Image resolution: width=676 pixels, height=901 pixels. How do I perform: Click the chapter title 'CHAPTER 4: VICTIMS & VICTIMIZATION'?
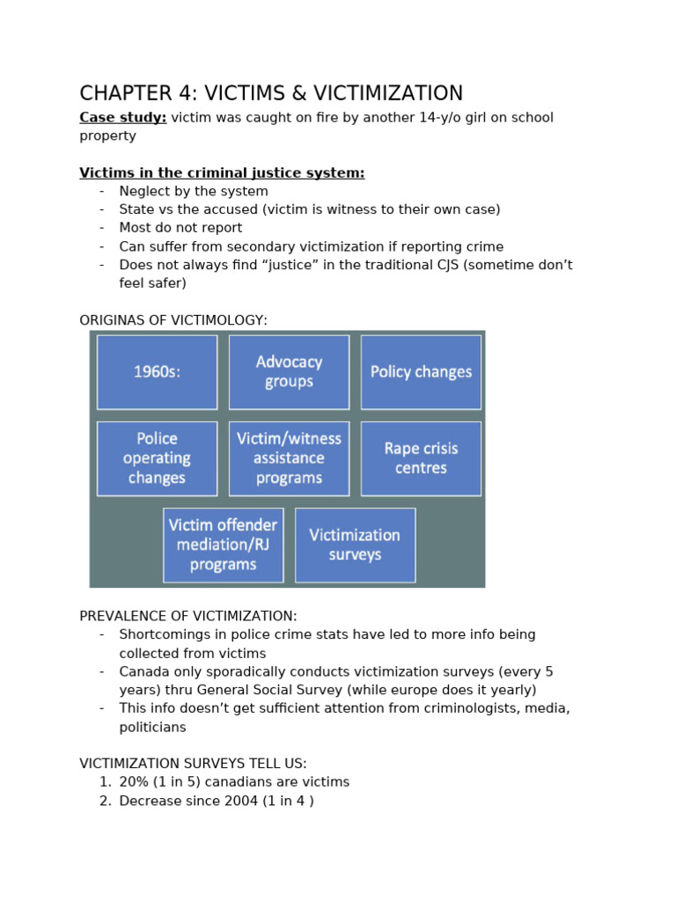tap(271, 93)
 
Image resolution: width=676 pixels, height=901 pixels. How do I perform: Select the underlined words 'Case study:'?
tap(122, 118)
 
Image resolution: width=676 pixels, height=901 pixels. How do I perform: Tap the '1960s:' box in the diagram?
tap(157, 372)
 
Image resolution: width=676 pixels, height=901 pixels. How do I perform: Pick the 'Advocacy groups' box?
tap(289, 372)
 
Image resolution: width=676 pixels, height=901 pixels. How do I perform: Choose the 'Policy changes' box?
tap(421, 372)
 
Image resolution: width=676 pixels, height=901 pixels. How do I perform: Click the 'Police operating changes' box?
tap(157, 458)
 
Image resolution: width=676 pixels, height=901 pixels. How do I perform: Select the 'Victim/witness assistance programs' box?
tap(289, 458)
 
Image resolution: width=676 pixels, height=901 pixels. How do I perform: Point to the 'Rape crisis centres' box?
tap(421, 458)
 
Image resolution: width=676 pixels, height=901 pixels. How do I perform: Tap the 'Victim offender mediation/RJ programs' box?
tap(223, 545)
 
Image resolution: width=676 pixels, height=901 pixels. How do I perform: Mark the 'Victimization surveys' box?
tap(355, 545)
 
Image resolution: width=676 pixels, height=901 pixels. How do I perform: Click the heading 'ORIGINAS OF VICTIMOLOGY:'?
tap(173, 320)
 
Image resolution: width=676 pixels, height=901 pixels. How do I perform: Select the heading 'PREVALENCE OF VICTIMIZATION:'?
tap(188, 616)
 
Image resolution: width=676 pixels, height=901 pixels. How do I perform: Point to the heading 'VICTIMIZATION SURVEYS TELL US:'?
tap(193, 764)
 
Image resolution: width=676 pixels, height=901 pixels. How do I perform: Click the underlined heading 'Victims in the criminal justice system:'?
tap(222, 173)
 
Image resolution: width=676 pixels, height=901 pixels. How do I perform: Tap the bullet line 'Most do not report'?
tap(168, 228)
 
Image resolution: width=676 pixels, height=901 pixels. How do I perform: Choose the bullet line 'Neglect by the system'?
tap(194, 192)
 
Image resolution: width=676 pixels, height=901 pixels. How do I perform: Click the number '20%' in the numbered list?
tap(135, 782)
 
